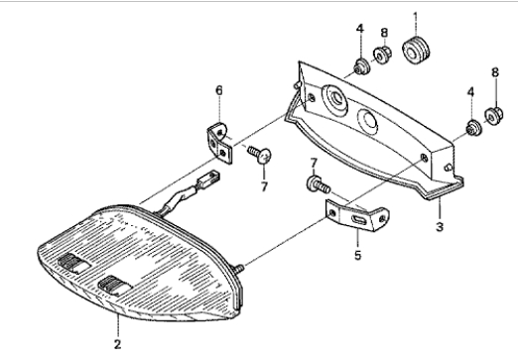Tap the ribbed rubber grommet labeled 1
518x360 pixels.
click(416, 51)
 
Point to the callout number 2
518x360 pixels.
click(117, 344)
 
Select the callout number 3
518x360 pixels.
click(440, 227)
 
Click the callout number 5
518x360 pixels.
click(358, 255)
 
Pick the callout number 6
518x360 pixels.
click(219, 90)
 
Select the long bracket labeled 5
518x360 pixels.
click(357, 215)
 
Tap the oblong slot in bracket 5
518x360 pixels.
click(358, 220)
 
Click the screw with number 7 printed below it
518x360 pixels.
click(260, 154)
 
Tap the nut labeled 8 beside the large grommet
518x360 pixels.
click(383, 56)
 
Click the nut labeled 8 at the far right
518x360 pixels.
click(494, 116)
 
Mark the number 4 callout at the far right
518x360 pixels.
click(470, 92)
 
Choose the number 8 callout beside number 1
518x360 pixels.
click(384, 33)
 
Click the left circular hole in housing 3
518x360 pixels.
click(334, 100)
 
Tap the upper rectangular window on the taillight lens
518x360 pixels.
click(73, 263)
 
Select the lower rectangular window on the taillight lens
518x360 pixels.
click(115, 286)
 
